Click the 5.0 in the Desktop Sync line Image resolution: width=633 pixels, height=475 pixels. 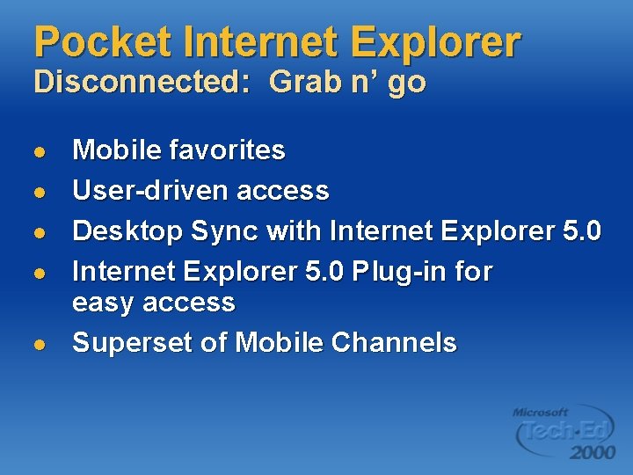(580, 231)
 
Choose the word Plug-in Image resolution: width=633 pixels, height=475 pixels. (400, 272)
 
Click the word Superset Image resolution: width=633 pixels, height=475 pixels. (132, 343)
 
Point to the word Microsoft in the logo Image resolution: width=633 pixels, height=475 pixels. (541, 412)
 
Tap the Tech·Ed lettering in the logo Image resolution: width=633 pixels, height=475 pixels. (563, 430)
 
